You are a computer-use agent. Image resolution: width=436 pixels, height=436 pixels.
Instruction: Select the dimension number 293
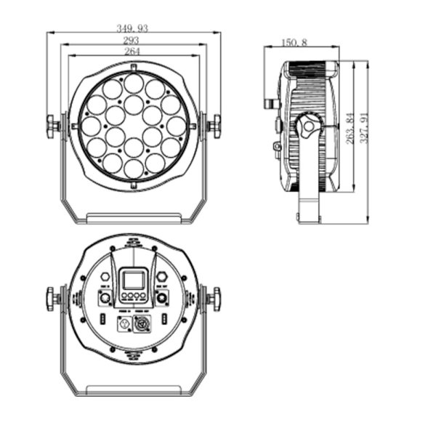132,40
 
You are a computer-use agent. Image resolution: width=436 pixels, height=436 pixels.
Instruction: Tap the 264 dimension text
132,52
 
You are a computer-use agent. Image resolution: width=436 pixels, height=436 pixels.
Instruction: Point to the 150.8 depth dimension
294,43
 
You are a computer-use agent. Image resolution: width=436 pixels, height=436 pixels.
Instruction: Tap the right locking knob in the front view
214,125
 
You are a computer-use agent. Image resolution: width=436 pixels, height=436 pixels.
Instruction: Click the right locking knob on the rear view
214,298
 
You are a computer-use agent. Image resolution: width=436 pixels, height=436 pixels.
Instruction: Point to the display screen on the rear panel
133,280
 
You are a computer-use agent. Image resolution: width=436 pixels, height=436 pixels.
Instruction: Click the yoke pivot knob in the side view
308,126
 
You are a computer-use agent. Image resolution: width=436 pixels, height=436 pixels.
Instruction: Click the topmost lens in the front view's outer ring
133,83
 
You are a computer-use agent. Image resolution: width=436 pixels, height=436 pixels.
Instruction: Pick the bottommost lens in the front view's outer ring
133,169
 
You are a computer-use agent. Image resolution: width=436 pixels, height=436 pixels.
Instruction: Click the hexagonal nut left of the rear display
106,277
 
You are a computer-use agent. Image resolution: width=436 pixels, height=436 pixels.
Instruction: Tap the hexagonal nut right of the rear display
161,277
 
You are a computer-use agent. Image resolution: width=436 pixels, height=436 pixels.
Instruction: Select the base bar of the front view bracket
133,217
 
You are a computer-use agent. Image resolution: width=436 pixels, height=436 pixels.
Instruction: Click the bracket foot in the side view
309,215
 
